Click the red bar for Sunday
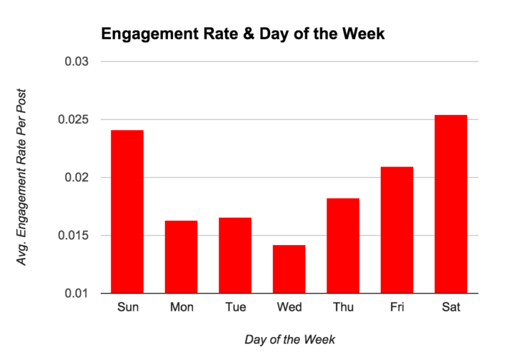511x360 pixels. point(128,211)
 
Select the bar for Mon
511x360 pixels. point(182,257)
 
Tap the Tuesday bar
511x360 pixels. point(236,255)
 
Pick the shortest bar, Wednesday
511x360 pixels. point(289,269)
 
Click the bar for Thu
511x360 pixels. point(343,246)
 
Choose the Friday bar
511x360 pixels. point(397,230)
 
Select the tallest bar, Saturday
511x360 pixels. point(451,204)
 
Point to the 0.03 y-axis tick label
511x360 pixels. point(77,62)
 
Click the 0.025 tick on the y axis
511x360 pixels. point(73,120)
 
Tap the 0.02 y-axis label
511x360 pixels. point(77,177)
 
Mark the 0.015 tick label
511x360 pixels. point(73,236)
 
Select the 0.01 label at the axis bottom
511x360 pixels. point(77,294)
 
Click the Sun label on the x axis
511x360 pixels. point(128,307)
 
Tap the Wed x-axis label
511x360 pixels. point(289,307)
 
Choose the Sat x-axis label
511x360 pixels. point(451,307)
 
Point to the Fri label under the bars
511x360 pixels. point(397,307)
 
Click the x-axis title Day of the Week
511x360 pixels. point(289,340)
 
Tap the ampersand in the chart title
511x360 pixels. point(233,34)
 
